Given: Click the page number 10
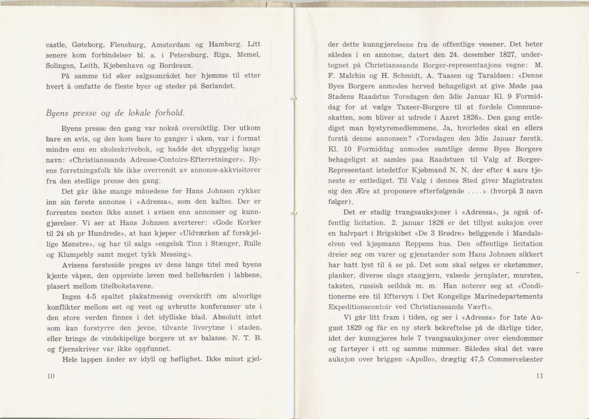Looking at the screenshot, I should [51, 376].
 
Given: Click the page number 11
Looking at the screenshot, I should [539, 376].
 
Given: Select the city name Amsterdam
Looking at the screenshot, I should [170, 45].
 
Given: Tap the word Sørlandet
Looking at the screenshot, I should [217, 86].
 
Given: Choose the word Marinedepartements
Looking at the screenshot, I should [508, 296].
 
